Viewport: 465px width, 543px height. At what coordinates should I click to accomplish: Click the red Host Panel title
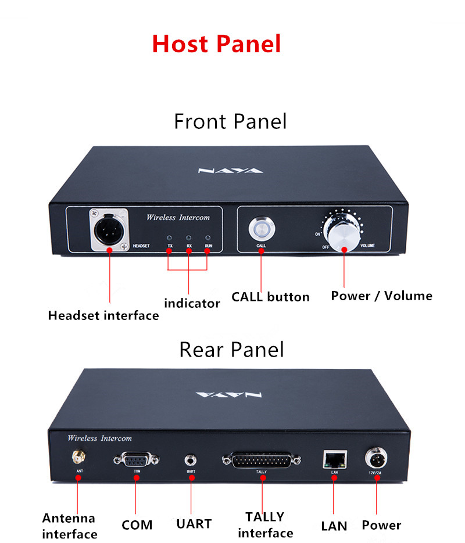pos(216,44)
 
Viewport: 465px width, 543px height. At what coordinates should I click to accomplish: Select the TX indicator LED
pos(170,238)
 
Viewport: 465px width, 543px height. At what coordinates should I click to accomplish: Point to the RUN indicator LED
pos(208,238)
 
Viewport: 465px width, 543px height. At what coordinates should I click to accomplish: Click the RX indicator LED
pos(189,238)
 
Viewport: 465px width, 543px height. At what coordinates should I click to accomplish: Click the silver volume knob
pos(344,233)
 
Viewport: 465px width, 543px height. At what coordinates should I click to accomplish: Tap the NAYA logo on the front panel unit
pos(231,171)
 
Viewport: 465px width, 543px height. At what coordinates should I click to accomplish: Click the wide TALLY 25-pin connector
pos(262,461)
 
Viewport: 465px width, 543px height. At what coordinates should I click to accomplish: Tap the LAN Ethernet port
pos(334,459)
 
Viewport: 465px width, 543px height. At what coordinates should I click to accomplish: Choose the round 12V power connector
pos(375,459)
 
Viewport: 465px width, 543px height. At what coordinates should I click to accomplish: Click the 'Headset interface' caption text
pos(103,315)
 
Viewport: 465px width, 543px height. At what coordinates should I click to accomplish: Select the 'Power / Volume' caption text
pos(381,296)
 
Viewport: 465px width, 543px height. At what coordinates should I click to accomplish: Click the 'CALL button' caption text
pos(270,297)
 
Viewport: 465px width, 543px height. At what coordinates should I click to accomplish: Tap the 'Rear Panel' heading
pos(231,350)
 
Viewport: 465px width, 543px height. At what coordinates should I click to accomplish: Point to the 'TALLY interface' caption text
pos(265,524)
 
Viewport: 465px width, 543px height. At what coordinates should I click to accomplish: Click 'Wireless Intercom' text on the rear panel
pos(99,438)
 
